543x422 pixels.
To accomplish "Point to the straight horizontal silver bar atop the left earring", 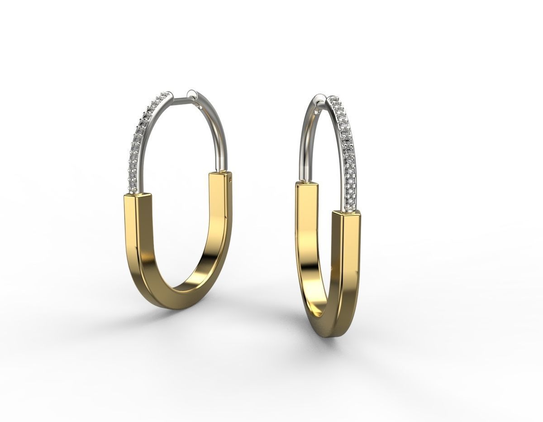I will point(180,97).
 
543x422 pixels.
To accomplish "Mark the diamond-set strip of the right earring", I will point(346,149).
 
